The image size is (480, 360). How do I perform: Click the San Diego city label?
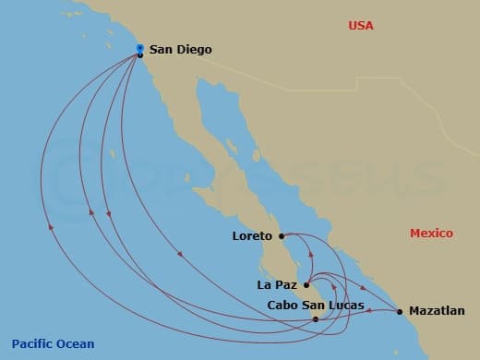pos(180,51)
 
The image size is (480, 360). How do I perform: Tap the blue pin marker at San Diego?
pos(139,48)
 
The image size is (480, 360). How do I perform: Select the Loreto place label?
pos(253,235)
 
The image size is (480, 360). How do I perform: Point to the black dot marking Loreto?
pos(281,235)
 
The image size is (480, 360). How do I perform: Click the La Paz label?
pos(277,285)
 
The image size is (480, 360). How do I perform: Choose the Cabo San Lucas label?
pos(315,305)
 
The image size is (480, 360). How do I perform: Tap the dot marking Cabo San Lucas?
pos(317,319)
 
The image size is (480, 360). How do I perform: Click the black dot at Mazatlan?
pos(400,311)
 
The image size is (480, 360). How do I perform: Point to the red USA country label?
pos(361,26)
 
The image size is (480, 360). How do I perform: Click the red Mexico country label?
pos(431,234)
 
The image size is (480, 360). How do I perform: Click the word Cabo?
pos(282,305)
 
